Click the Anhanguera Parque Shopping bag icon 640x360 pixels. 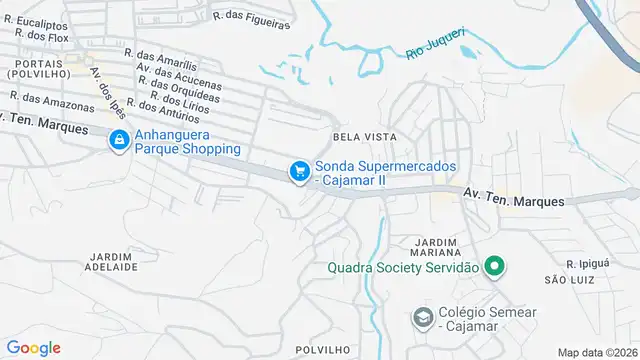(x=119, y=140)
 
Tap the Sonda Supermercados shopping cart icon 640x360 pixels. (x=298, y=172)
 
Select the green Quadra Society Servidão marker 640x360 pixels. (x=493, y=267)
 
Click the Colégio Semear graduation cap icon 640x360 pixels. (x=423, y=318)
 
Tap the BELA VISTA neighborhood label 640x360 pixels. (x=364, y=136)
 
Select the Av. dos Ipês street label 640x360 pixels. (x=107, y=92)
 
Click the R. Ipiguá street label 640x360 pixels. (x=587, y=263)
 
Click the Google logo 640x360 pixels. (x=34, y=347)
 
